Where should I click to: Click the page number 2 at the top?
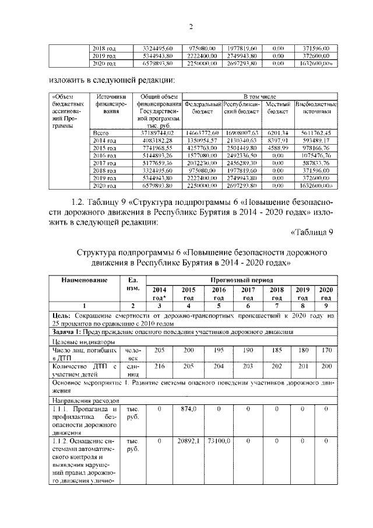(191, 26)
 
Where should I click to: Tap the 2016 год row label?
(104, 156)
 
